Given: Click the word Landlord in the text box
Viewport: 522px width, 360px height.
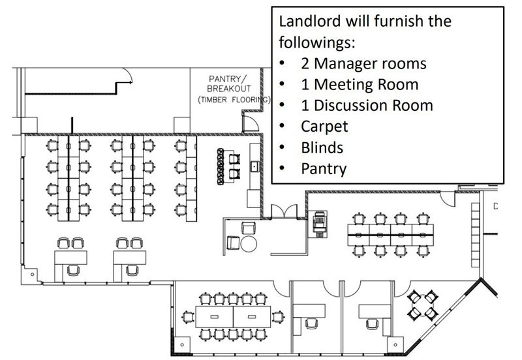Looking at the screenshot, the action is (x=309, y=22).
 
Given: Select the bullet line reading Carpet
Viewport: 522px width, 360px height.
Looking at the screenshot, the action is (x=324, y=127).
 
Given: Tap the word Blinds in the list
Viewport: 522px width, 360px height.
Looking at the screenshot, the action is (x=322, y=148).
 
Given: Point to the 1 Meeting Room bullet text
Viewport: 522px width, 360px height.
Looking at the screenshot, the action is (x=360, y=85).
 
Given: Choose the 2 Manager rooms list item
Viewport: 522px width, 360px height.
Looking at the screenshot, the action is (x=363, y=63).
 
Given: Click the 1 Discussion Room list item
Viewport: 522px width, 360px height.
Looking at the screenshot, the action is (x=367, y=106).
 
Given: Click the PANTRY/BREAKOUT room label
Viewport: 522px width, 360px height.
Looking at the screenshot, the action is (x=228, y=84).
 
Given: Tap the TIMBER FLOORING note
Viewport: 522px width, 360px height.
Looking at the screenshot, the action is (x=234, y=100).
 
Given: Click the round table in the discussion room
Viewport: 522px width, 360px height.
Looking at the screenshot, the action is (x=422, y=305).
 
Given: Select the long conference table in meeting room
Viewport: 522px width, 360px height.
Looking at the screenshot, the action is (x=233, y=317).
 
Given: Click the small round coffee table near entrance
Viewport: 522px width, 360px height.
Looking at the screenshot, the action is (x=249, y=244).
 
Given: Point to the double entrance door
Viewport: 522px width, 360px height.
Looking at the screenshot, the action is (x=284, y=211).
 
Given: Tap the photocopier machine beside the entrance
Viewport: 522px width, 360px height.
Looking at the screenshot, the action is (x=319, y=224).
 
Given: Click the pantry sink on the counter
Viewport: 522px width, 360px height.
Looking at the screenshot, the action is (x=254, y=166).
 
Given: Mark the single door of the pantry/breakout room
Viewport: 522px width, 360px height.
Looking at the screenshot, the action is (x=251, y=123).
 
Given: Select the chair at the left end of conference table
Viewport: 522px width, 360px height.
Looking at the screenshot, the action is (x=188, y=317).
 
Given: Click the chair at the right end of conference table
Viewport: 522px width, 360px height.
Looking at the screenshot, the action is (x=278, y=317).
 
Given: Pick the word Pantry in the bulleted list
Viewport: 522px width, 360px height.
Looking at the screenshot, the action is (x=324, y=169).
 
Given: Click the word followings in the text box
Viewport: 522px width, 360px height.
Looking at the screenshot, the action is (x=317, y=42).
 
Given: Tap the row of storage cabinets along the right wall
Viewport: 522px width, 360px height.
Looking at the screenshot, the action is (x=475, y=235).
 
